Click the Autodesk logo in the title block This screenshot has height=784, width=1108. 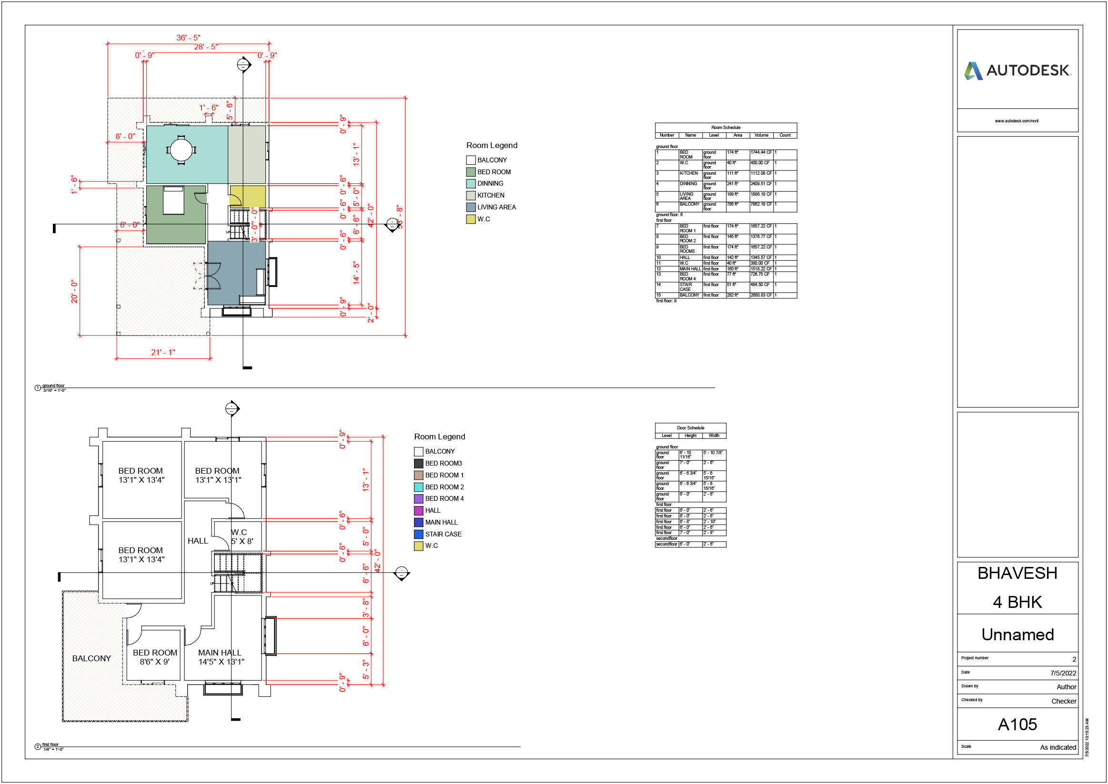tap(1017, 70)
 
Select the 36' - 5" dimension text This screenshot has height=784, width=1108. tap(188, 38)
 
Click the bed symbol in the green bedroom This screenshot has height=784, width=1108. tap(173, 200)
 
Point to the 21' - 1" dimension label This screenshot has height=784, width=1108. tap(163, 352)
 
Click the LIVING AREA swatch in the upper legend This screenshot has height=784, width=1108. tap(471, 207)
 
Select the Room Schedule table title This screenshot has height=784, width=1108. tap(725, 128)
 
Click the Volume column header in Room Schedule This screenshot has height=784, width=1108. tap(761, 135)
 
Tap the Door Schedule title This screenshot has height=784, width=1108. tap(690, 428)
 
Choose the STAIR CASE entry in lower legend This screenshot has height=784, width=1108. tap(443, 534)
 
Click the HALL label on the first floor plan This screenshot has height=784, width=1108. tap(198, 541)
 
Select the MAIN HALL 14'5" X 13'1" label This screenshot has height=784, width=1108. tap(221, 657)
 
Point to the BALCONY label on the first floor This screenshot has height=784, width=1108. tap(91, 658)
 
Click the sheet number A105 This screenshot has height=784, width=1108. tap(1017, 724)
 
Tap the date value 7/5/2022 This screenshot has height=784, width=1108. tap(1063, 673)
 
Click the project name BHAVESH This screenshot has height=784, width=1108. tap(1017, 573)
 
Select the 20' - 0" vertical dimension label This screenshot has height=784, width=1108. tap(74, 291)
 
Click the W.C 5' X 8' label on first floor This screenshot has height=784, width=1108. tap(241, 536)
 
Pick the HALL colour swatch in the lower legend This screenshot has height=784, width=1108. tap(418, 510)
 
